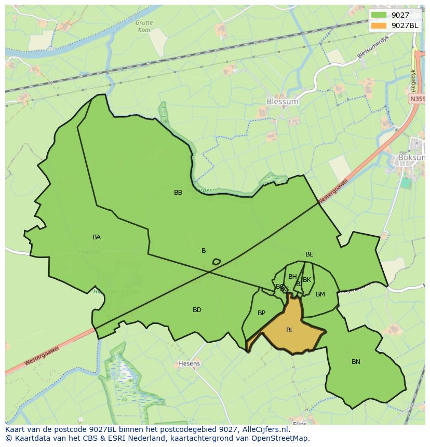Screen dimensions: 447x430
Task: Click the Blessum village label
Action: click(282, 102)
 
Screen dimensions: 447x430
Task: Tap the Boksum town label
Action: click(411, 157)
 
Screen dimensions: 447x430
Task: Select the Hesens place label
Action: click(189, 363)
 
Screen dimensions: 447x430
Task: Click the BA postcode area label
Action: click(97, 237)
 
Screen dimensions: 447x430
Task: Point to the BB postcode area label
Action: click(178, 193)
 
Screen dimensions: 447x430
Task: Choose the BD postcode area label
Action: click(197, 310)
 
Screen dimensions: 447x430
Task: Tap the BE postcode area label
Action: click(309, 254)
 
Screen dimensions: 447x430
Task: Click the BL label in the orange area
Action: click(290, 330)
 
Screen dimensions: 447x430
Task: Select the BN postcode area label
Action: click(356, 362)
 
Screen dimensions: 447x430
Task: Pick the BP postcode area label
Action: click(261, 313)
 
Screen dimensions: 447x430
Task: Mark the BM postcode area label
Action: click(320, 294)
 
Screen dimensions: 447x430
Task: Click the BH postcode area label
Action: click(292, 277)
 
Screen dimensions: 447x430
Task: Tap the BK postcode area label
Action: click(307, 280)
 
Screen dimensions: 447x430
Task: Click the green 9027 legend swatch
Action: click(379, 15)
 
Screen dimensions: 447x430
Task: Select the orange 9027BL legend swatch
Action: click(379, 25)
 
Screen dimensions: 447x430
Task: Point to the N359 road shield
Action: click(417, 99)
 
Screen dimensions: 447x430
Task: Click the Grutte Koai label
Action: click(144, 26)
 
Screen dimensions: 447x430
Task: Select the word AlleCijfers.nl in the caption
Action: click(263, 430)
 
